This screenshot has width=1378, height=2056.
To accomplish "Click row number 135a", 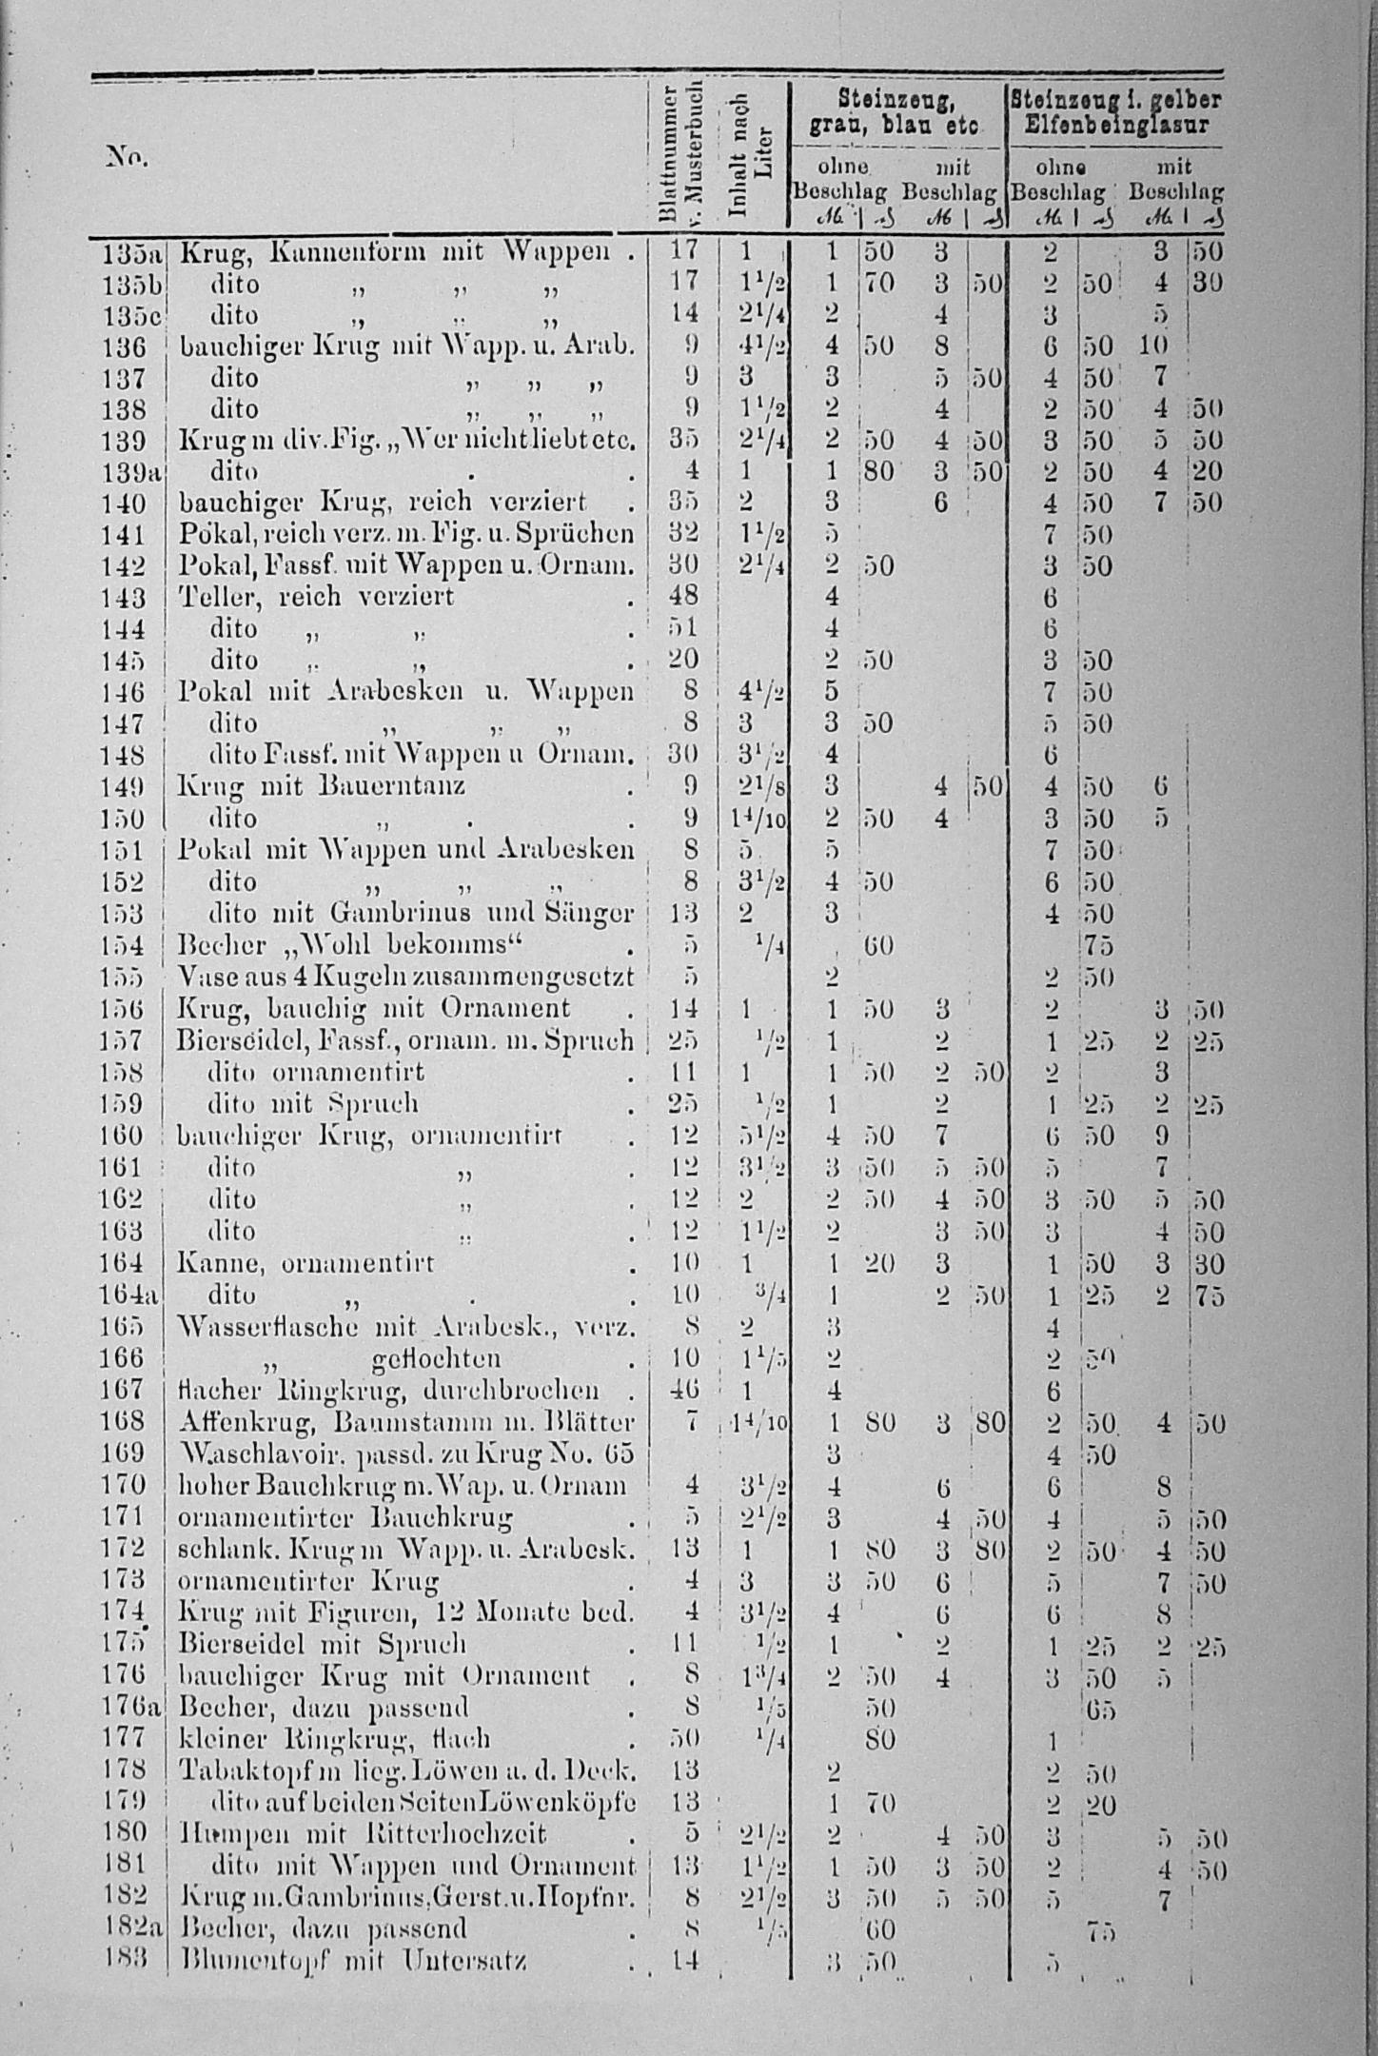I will click(132, 253).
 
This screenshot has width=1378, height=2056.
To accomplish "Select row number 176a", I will click(132, 1708).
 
